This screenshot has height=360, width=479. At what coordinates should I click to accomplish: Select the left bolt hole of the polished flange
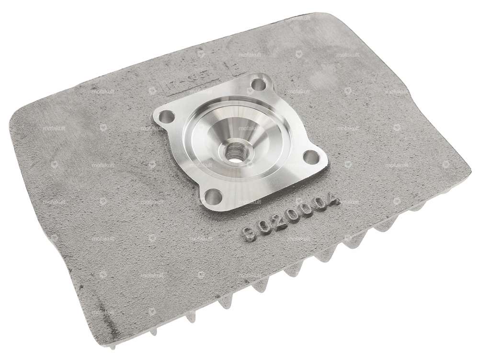tap(167, 116)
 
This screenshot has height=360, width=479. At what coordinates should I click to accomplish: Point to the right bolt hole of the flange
tap(310, 156)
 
